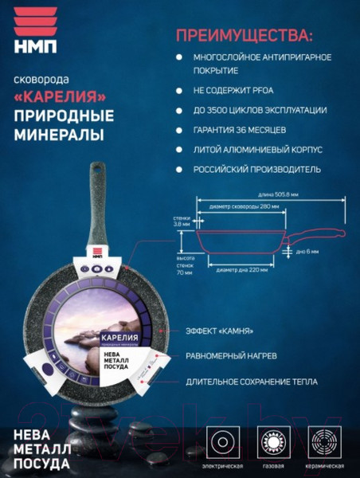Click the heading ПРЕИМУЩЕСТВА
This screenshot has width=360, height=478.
click(x=244, y=36)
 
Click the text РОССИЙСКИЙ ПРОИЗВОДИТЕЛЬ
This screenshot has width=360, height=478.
click(x=257, y=169)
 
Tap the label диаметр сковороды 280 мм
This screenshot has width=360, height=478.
click(x=243, y=206)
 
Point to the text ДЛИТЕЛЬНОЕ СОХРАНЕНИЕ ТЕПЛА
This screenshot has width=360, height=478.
click(x=251, y=382)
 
